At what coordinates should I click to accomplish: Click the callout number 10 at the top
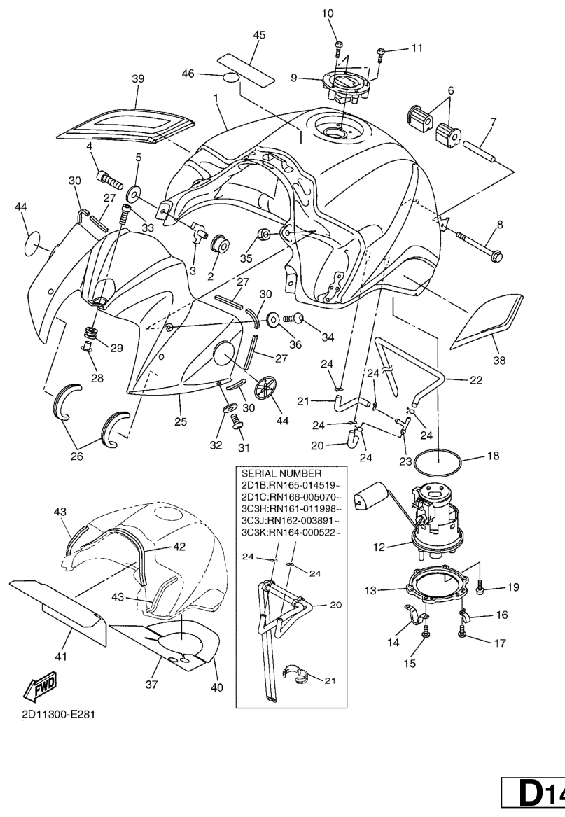tap(328, 13)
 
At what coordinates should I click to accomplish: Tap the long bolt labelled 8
tap(480, 245)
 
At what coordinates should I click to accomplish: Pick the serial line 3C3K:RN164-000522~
tap(291, 533)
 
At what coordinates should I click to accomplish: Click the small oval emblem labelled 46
tap(234, 76)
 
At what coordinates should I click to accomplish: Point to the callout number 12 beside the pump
tap(379, 547)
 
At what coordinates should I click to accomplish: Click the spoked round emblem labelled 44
tap(267, 387)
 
